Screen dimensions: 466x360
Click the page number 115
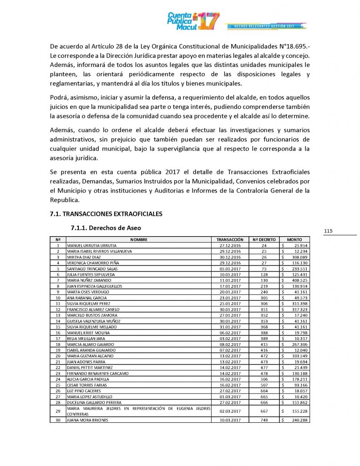point(329,231)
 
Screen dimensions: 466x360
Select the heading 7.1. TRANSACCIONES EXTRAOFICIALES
point(106,213)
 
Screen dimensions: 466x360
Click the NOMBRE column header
point(138,239)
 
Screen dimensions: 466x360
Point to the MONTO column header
point(294,239)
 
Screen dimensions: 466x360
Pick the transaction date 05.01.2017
point(230,268)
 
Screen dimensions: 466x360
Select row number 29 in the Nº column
point(58,411)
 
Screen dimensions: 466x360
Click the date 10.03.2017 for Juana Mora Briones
point(230,420)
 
